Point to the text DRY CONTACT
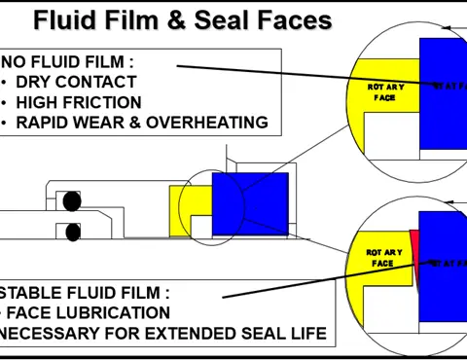(76, 82)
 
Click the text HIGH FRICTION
(79, 102)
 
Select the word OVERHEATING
(208, 123)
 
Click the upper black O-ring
(71, 201)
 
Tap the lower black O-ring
(71, 232)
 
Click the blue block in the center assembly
(250, 203)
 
